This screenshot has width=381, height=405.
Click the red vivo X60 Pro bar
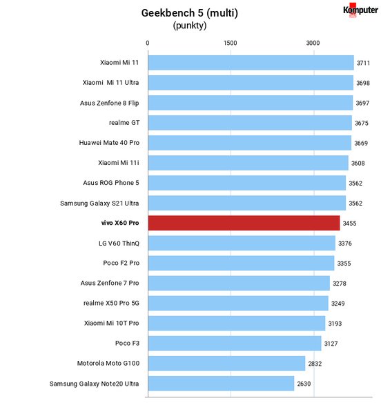(244, 223)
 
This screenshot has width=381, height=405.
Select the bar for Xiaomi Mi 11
(251, 63)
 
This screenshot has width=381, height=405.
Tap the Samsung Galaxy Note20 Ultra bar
(221, 384)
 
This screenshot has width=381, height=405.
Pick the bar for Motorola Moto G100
(226, 364)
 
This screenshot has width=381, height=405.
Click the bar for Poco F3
(235, 344)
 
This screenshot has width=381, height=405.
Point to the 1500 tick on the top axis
(230, 43)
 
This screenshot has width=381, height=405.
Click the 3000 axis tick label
(313, 43)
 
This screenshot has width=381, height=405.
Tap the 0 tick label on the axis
(148, 43)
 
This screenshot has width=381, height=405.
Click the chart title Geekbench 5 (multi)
(190, 13)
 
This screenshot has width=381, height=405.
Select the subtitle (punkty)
(190, 26)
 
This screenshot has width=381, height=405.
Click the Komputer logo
(360, 10)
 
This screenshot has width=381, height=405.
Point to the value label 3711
(363, 63)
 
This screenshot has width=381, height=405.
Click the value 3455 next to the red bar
(349, 223)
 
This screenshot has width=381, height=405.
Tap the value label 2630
(304, 384)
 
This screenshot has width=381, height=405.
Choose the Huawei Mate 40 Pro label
(109, 143)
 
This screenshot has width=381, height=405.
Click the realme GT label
(124, 123)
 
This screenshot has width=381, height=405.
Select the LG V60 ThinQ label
(119, 244)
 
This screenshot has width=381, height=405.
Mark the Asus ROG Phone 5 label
(111, 183)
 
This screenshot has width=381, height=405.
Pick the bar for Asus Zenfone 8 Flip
(251, 103)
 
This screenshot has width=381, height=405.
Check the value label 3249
(338, 304)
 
